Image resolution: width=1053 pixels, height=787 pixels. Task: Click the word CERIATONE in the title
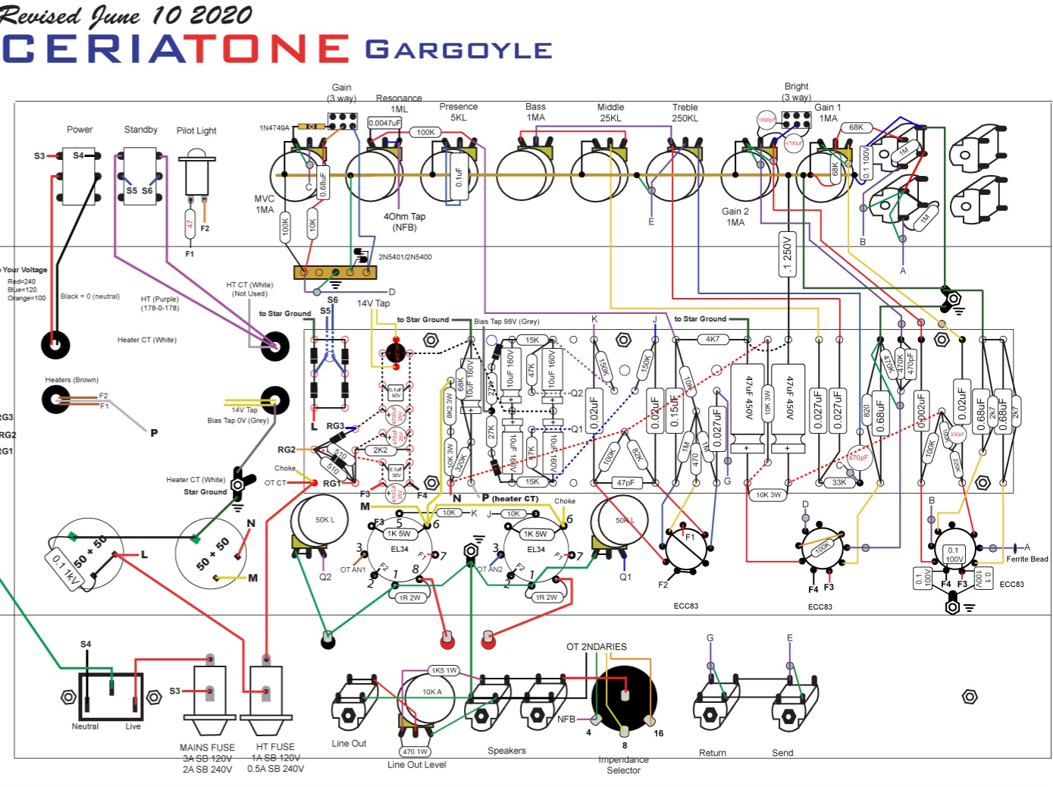[x=176, y=49]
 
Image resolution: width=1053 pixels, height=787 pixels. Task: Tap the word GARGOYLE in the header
[x=459, y=50]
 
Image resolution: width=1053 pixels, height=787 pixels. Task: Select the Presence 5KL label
[x=459, y=112]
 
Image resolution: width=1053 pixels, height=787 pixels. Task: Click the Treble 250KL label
[x=685, y=113]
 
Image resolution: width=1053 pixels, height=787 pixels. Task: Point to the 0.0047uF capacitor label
[x=384, y=123]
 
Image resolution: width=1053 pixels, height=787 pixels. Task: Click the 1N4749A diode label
[x=274, y=128]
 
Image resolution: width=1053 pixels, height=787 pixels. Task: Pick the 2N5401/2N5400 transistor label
[x=405, y=257]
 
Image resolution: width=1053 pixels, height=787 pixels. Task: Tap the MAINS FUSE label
[x=207, y=748]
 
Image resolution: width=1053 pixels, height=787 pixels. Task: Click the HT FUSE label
[x=275, y=748]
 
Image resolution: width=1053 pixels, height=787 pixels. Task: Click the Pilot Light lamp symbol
[x=196, y=173]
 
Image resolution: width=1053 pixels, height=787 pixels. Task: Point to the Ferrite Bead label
[x=1027, y=560]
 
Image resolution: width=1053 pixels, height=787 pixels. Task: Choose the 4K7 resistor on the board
[x=713, y=339]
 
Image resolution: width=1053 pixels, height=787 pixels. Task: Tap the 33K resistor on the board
[x=838, y=482]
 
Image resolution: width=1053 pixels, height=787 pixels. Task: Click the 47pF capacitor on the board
[x=625, y=482]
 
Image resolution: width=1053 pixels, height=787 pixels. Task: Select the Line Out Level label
[x=416, y=765]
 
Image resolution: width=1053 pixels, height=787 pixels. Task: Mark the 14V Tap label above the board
[x=373, y=303]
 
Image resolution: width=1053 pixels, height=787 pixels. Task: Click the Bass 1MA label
[x=535, y=112]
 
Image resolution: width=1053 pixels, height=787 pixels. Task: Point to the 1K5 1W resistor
[x=444, y=670]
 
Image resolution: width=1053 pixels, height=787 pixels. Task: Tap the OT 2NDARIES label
[x=596, y=647]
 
